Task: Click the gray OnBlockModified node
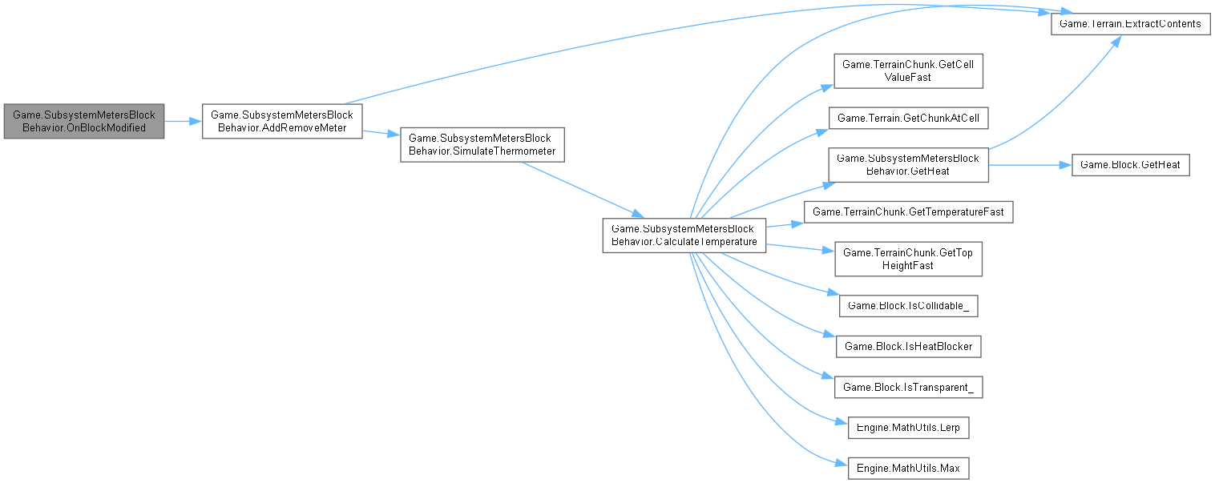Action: pos(83,121)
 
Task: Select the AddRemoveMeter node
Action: pos(282,121)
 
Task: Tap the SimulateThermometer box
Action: pos(482,144)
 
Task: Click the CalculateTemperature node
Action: pos(684,235)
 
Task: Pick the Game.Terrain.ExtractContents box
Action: pos(1130,24)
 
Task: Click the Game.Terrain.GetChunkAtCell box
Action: pos(908,118)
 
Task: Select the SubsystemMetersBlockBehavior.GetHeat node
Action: pos(908,165)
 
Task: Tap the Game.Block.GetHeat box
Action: pos(1130,165)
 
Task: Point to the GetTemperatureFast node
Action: pos(908,212)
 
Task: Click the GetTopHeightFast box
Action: pos(908,259)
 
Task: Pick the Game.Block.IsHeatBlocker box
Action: pos(908,346)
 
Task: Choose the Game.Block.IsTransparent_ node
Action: pos(908,387)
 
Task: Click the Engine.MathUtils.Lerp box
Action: pos(908,428)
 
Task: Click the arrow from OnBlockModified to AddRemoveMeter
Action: pos(183,121)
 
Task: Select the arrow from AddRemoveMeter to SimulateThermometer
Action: pos(381,134)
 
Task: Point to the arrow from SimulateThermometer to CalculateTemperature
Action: pos(581,189)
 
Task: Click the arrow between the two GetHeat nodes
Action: pos(1029,165)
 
